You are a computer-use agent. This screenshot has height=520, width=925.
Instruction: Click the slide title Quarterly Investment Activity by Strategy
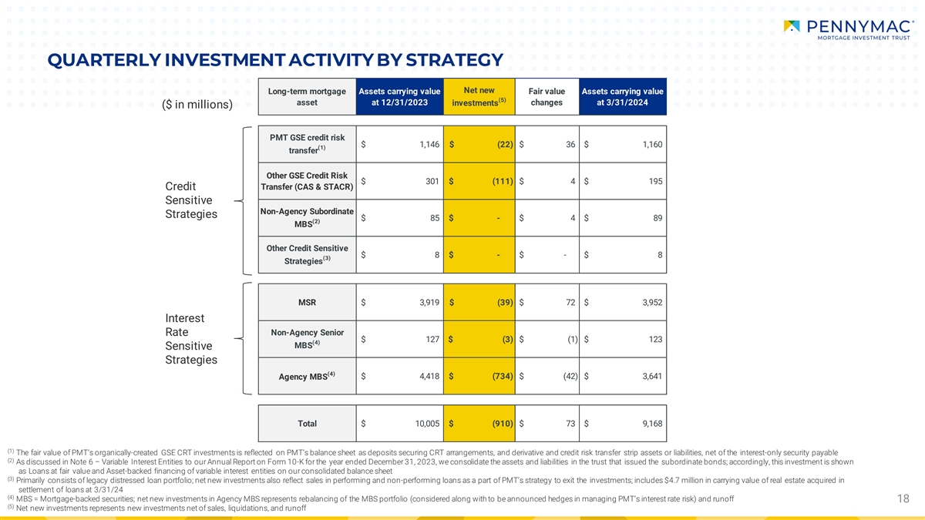(274, 60)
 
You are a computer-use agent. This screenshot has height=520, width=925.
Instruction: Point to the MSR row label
(307, 302)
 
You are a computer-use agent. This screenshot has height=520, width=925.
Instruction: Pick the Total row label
(307, 424)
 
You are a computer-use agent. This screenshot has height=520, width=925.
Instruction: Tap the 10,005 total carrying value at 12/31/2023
(422, 424)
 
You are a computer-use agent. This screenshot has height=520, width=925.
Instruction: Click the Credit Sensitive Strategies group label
(191, 200)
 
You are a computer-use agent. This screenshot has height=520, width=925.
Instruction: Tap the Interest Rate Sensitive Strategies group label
(191, 339)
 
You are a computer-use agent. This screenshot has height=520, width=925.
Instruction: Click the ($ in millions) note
(197, 105)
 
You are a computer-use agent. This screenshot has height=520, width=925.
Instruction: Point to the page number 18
(904, 499)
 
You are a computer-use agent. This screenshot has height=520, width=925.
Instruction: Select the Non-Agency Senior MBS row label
(307, 339)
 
